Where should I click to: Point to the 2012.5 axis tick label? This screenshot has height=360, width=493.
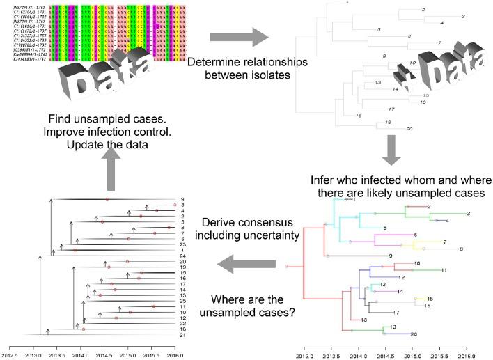[x=10, y=355]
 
